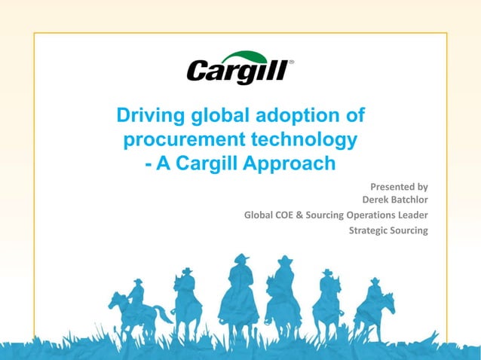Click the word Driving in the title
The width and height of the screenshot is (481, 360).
146,117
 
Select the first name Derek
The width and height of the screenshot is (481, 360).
377,200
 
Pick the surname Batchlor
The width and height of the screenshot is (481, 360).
412,200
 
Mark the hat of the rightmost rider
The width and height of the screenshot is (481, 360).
375,281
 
